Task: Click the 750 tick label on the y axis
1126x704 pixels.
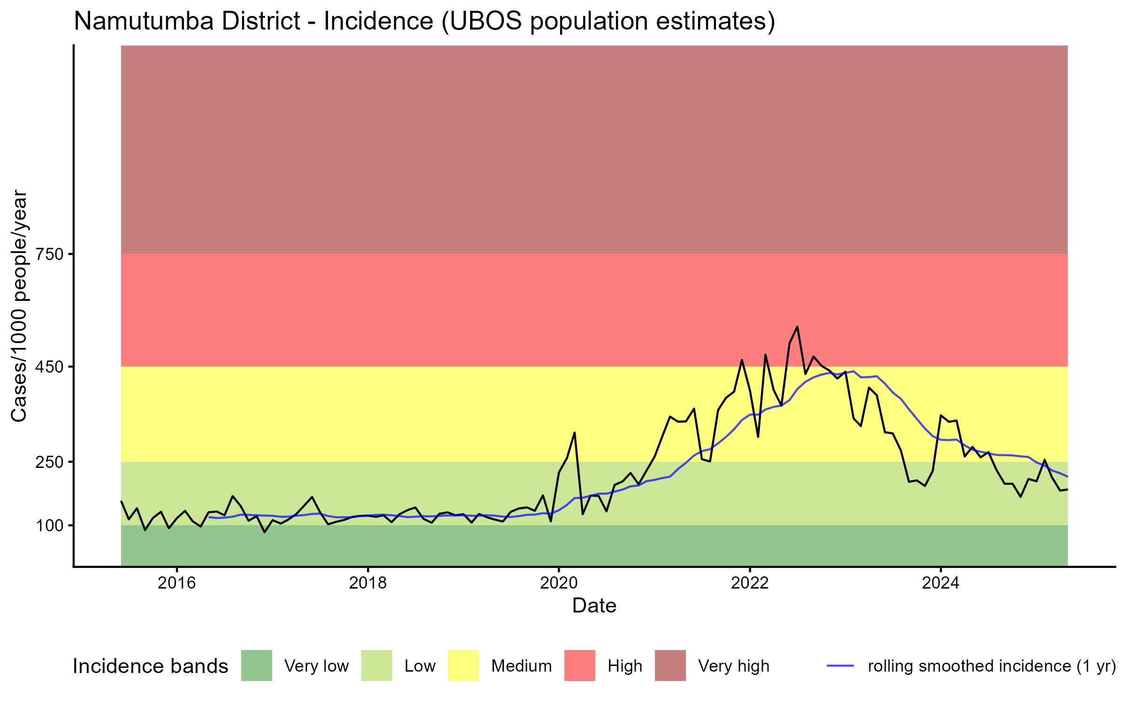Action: pos(50,254)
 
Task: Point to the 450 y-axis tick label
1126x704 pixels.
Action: pos(50,367)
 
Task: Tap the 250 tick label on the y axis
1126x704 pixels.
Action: pos(50,462)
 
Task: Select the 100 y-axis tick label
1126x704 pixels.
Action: pos(50,525)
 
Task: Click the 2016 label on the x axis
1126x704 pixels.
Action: pos(176,583)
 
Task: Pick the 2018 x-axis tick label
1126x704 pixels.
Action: pos(368,583)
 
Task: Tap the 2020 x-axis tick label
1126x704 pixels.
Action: pos(559,583)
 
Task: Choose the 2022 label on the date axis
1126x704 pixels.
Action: pos(750,583)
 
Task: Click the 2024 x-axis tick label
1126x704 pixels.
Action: pos(941,583)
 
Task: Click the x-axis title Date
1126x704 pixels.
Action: pos(594,606)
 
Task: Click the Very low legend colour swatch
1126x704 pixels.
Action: pos(256,666)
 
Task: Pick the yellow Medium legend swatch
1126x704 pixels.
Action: pos(464,666)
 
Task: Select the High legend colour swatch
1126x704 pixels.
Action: pos(579,666)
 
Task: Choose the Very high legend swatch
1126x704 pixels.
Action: pos(670,666)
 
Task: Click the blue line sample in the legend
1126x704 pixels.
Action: pos(840,666)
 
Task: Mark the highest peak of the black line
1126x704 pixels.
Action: pos(797,327)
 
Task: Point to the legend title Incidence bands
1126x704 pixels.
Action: pos(150,666)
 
